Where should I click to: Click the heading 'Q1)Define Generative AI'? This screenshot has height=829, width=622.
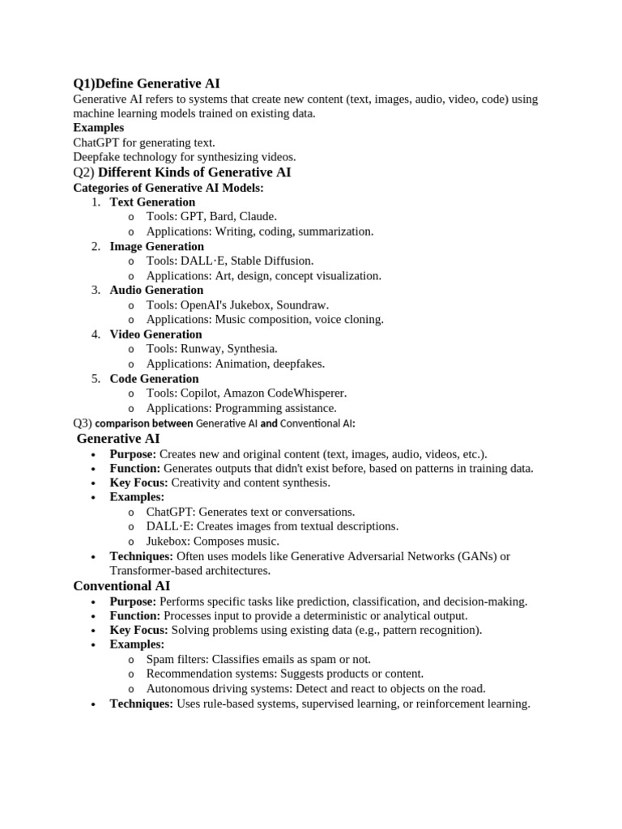pos(146,83)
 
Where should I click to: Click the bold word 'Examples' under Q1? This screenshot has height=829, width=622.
pos(98,128)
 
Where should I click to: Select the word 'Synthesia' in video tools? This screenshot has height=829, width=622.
pos(251,349)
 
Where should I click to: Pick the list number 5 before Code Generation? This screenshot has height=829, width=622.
pos(95,379)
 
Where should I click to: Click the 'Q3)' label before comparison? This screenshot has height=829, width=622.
pos(83,423)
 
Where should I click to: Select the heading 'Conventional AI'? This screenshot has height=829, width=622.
pos(121,585)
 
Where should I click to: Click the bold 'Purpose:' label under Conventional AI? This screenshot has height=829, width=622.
pos(133,602)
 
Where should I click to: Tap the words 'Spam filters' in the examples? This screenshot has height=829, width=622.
pos(177,660)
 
